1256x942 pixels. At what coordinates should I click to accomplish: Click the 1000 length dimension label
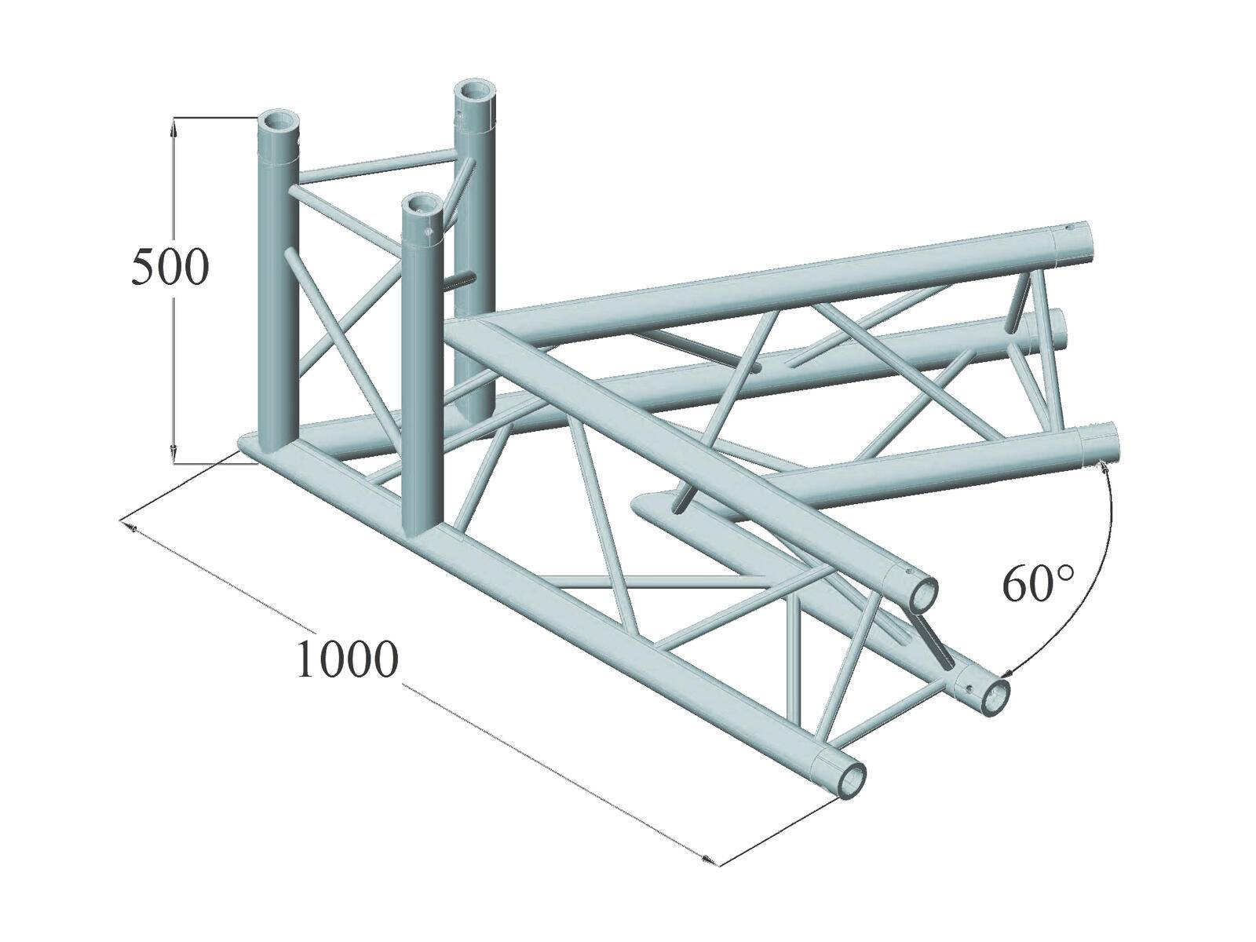pyautogui.click(x=345, y=660)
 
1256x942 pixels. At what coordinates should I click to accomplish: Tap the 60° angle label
pyautogui.click(x=1037, y=586)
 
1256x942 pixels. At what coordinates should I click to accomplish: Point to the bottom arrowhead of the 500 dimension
pyautogui.click(x=174, y=454)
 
